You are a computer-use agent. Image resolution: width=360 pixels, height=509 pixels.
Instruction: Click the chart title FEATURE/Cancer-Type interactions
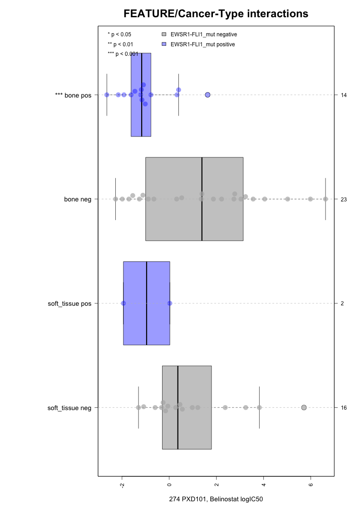pyautogui.click(x=216, y=14)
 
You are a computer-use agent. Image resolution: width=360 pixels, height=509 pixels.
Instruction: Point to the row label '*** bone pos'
pyautogui.click(x=73, y=95)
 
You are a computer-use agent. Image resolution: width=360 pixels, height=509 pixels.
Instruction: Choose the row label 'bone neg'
pyautogui.click(x=78, y=199)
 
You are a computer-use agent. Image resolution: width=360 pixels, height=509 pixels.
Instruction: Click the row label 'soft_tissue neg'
pyautogui.click(x=69, y=408)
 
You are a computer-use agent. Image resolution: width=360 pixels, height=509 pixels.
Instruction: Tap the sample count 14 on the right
pyautogui.click(x=344, y=95)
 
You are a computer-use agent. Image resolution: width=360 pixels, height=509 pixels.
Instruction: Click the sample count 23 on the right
pyautogui.click(x=344, y=199)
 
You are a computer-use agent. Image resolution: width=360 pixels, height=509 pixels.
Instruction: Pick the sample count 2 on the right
pyautogui.click(x=342, y=303)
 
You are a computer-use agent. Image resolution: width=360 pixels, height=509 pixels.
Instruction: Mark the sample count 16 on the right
pyautogui.click(x=344, y=408)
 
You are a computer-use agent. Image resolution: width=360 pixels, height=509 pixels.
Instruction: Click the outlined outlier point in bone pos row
pyautogui.click(x=207, y=95)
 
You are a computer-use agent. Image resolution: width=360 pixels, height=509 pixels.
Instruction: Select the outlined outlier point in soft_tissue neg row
pyautogui.click(x=304, y=407)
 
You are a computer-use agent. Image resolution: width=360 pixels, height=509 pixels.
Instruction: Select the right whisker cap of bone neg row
pyautogui.click(x=325, y=199)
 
